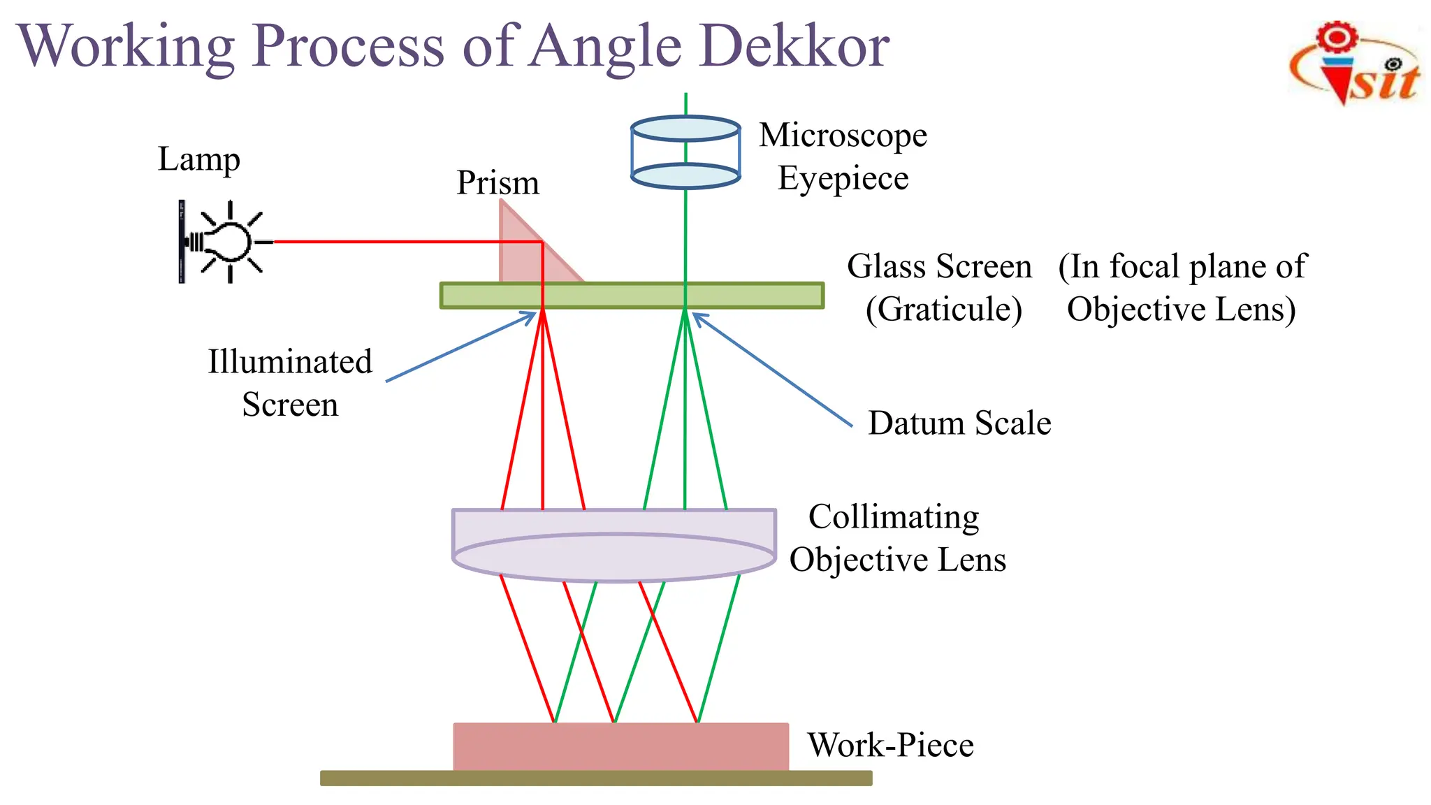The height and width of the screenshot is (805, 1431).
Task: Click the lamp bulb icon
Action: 229,242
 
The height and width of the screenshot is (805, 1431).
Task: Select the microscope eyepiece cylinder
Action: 685,152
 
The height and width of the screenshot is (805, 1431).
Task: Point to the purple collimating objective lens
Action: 613,546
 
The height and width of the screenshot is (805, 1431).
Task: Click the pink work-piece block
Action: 620,746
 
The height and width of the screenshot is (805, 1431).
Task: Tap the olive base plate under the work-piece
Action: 596,778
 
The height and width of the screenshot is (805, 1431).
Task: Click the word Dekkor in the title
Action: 794,46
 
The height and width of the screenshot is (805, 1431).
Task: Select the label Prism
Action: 497,183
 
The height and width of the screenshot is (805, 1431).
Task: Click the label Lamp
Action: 198,159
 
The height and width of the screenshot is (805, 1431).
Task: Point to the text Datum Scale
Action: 959,423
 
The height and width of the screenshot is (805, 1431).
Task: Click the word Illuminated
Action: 290,362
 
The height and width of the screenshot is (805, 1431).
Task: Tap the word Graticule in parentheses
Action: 943,310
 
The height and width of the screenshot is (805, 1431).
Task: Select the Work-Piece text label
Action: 890,745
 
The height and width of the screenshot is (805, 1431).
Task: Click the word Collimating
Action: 894,517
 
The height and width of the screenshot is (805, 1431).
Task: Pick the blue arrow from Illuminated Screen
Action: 461,347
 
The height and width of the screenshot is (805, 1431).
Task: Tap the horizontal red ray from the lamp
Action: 405,242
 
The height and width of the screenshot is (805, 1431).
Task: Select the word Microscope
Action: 843,135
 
